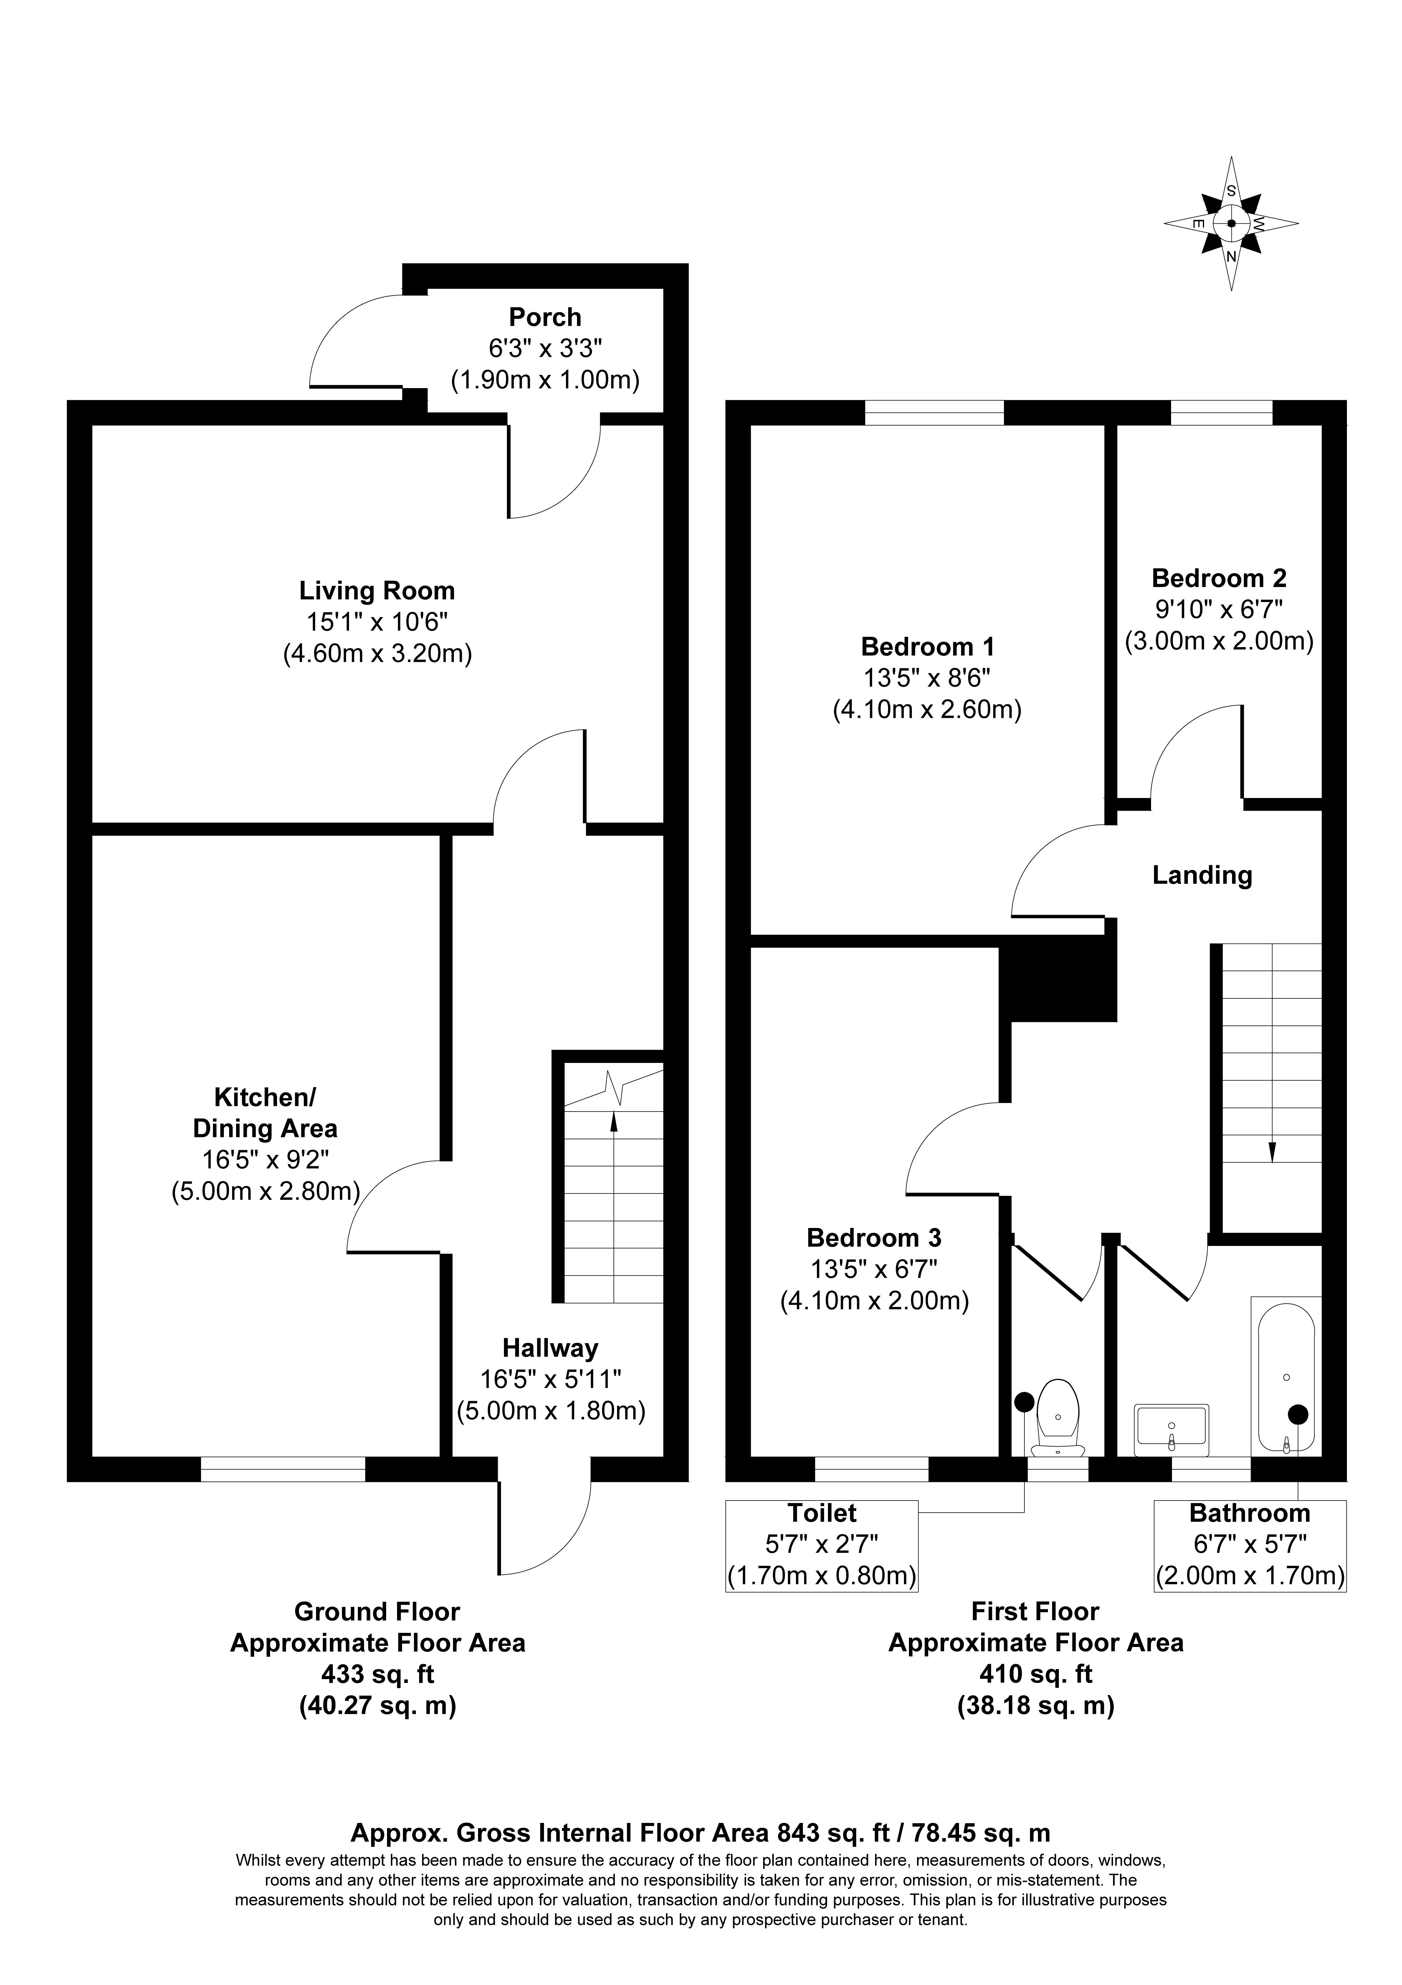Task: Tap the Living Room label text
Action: coord(377,591)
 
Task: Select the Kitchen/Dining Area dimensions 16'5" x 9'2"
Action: coord(265,1160)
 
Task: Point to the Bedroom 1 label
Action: coord(927,647)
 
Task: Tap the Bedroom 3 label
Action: coord(874,1238)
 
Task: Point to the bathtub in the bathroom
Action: coord(1286,1376)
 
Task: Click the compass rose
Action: coord(1231,223)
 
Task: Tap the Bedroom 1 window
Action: coord(934,412)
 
